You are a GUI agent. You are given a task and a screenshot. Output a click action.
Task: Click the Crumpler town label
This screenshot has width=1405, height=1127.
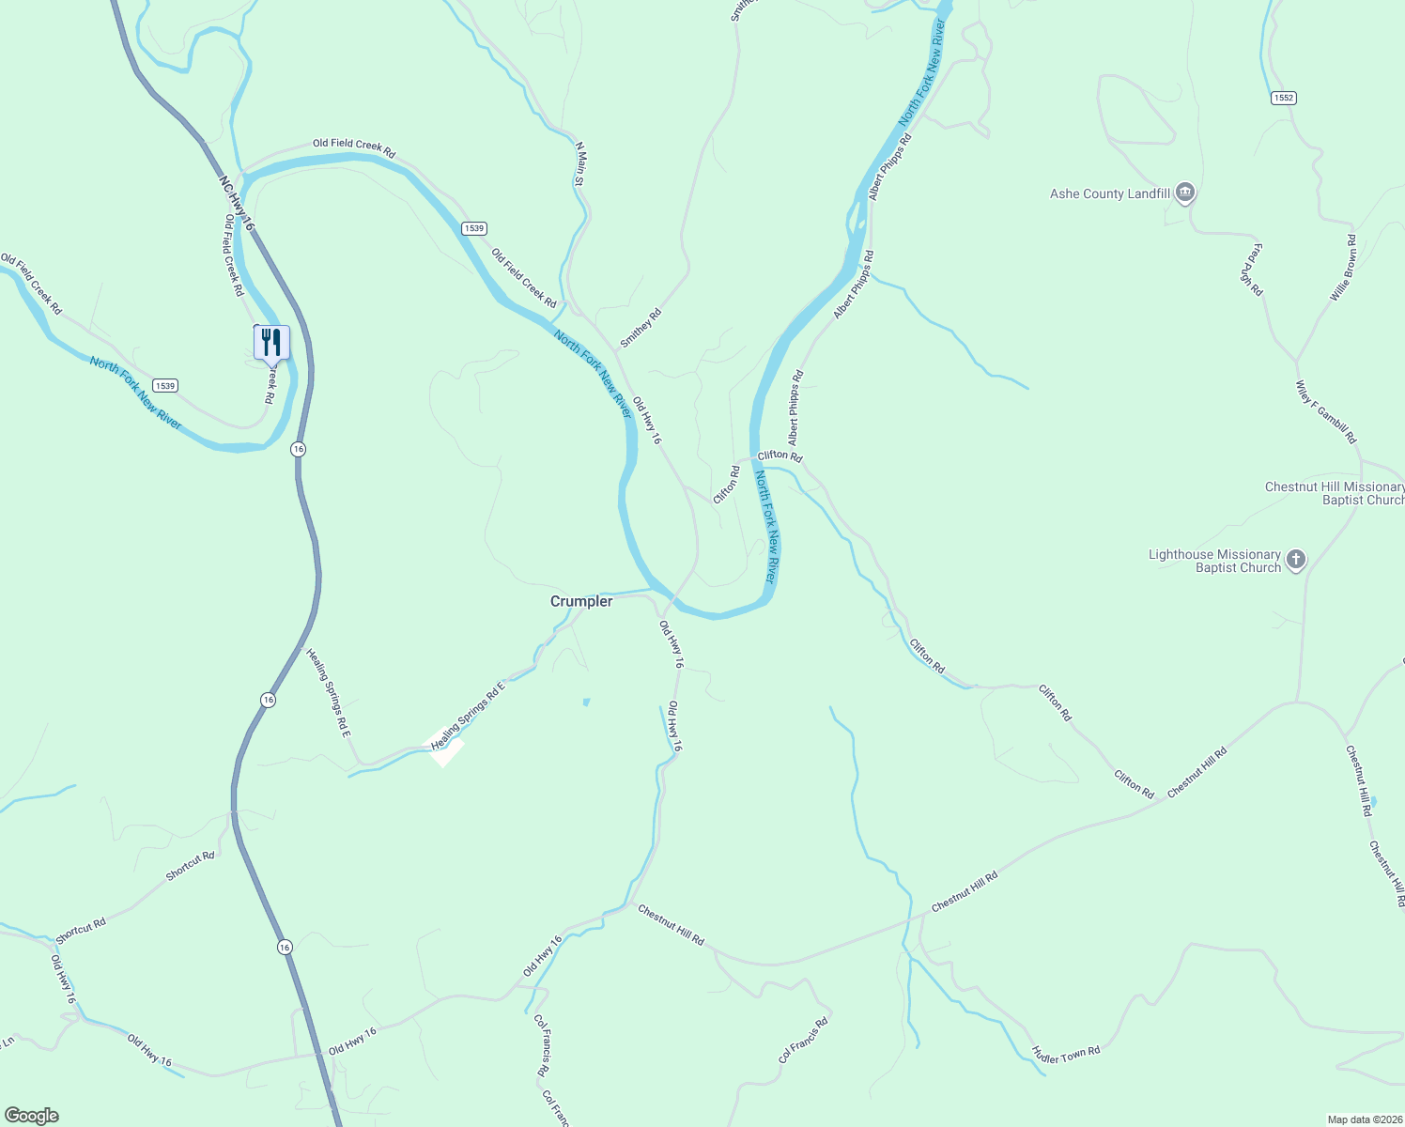(x=581, y=601)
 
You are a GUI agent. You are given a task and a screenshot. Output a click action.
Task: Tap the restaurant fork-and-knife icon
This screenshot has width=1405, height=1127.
(x=271, y=343)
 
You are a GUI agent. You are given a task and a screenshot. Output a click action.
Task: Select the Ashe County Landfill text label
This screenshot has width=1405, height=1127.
(x=1110, y=193)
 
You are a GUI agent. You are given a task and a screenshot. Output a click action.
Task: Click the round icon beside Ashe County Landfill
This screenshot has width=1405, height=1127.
(x=1185, y=193)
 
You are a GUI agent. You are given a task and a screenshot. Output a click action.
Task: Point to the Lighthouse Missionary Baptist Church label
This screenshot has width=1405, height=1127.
(x=1214, y=561)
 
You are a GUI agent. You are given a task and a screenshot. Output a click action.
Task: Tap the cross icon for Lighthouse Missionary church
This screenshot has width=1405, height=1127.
(x=1296, y=561)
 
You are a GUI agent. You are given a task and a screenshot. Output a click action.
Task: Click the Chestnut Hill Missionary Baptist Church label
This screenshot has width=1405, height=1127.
(x=1334, y=493)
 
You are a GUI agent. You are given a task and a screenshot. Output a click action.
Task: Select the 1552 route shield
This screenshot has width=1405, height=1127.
(x=1284, y=98)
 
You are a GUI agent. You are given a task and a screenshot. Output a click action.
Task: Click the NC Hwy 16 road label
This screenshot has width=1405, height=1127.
(x=237, y=202)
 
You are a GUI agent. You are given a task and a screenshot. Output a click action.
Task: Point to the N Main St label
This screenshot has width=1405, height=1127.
(x=580, y=163)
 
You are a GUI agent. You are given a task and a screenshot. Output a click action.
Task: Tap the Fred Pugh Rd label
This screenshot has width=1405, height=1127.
(x=1254, y=270)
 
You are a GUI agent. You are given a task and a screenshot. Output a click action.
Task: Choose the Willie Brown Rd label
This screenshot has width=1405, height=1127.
(x=1343, y=269)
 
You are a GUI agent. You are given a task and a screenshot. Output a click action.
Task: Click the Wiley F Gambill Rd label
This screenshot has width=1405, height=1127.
(x=1326, y=412)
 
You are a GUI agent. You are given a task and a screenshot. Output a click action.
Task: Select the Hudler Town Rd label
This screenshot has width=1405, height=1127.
(x=1065, y=1055)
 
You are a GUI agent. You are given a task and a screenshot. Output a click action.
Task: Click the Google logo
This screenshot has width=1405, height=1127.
(x=31, y=1116)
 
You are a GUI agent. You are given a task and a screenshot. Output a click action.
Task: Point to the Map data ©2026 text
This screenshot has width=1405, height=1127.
(x=1364, y=1119)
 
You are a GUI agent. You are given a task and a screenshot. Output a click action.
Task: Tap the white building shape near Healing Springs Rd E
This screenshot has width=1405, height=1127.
(x=448, y=750)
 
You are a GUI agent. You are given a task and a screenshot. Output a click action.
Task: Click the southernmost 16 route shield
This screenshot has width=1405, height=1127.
(x=285, y=948)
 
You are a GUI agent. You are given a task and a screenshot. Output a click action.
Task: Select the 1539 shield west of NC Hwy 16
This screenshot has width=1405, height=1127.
(x=165, y=385)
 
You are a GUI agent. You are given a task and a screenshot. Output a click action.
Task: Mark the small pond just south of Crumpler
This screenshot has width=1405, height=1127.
(x=586, y=702)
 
